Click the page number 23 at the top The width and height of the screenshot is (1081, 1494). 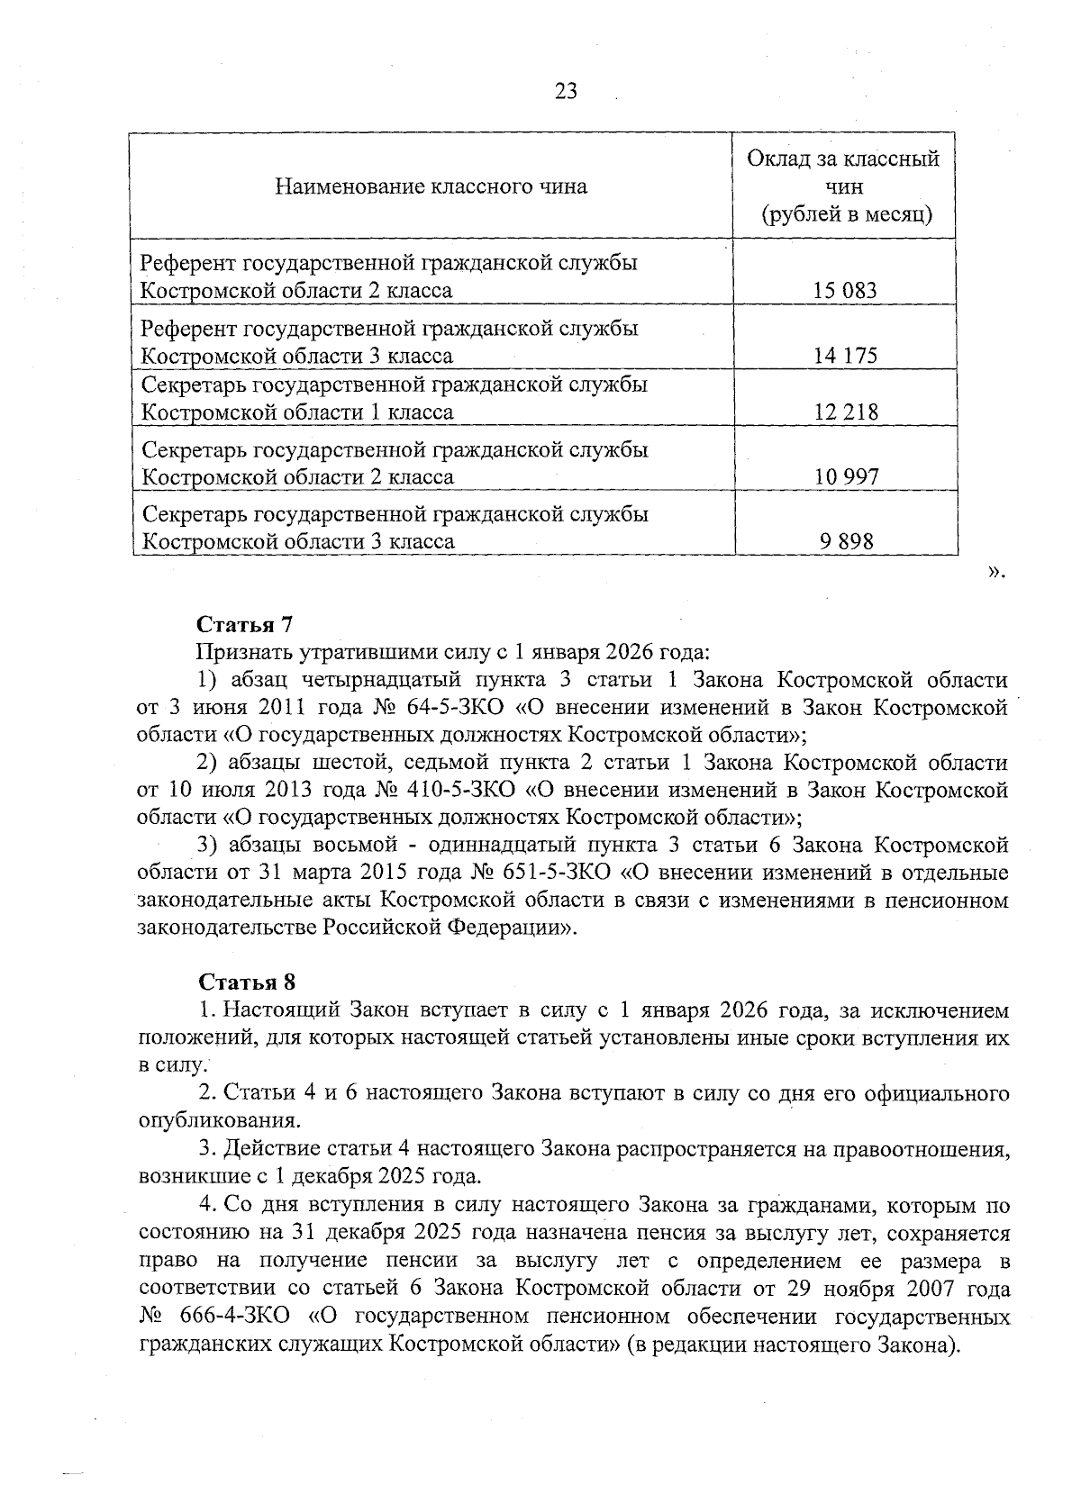567,92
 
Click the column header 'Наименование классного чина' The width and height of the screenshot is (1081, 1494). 431,186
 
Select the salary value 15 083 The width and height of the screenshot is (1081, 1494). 844,290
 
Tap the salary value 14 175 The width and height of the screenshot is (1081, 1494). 844,355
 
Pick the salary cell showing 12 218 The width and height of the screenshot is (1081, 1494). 844,412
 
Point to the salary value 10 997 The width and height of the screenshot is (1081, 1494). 846,476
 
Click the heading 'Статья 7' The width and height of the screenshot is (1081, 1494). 245,624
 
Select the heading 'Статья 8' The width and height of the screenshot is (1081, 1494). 246,982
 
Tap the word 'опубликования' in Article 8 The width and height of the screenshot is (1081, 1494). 216,1121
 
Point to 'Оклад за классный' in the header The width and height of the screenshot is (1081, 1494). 843,159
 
